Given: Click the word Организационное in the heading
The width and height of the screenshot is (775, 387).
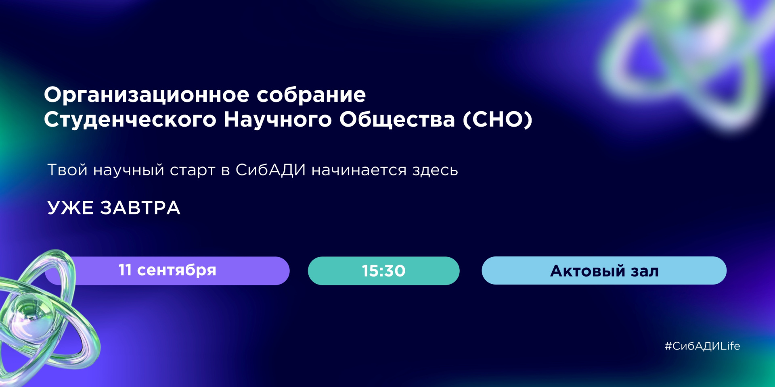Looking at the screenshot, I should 147,96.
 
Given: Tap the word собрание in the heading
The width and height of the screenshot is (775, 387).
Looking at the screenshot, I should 311,95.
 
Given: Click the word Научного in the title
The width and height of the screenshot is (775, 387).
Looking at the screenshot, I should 278,120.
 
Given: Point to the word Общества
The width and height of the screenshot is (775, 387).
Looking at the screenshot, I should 397,120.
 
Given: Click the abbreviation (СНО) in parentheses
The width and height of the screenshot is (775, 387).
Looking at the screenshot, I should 497,120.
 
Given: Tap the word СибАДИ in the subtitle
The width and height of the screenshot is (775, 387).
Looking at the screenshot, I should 270,170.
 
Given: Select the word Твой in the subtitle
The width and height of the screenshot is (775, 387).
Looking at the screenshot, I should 67,170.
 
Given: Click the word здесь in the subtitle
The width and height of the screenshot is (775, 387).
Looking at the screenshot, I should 435,170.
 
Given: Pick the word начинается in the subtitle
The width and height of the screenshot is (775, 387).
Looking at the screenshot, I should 359,170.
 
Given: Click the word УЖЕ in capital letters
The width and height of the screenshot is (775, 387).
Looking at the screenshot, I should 70,208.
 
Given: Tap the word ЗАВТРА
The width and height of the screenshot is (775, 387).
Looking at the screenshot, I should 140,208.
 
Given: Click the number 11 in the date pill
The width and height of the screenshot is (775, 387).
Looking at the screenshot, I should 125,270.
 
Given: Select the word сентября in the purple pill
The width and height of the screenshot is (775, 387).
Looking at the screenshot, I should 177,270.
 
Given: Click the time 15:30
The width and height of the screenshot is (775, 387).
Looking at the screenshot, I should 383,271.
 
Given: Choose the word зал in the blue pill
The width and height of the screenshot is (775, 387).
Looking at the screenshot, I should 645,271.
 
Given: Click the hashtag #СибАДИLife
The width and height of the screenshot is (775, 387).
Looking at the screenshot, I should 702,346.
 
